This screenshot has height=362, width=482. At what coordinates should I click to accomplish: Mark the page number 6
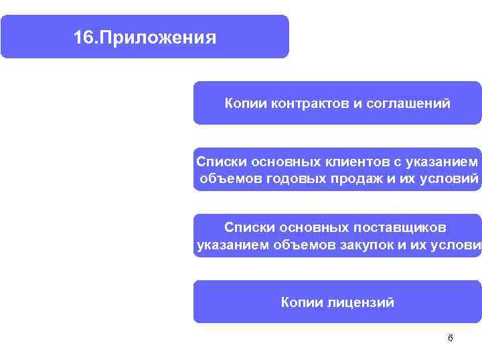coord(450,338)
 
